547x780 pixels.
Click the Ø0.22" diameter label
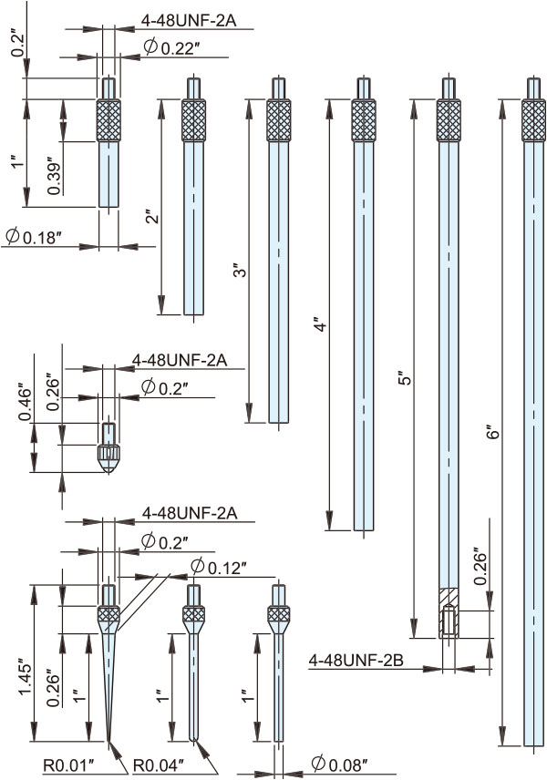click(x=171, y=47)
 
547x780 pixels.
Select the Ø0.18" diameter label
click(x=33, y=236)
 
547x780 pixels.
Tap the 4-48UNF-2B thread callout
click(x=356, y=660)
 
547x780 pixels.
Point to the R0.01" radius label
click(x=68, y=765)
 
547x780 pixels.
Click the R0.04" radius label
click(x=159, y=765)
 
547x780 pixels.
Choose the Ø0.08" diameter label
click(x=340, y=763)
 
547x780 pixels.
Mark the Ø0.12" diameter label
click(x=219, y=567)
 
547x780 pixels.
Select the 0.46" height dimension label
click(x=26, y=402)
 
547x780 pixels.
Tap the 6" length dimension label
click(x=492, y=431)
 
